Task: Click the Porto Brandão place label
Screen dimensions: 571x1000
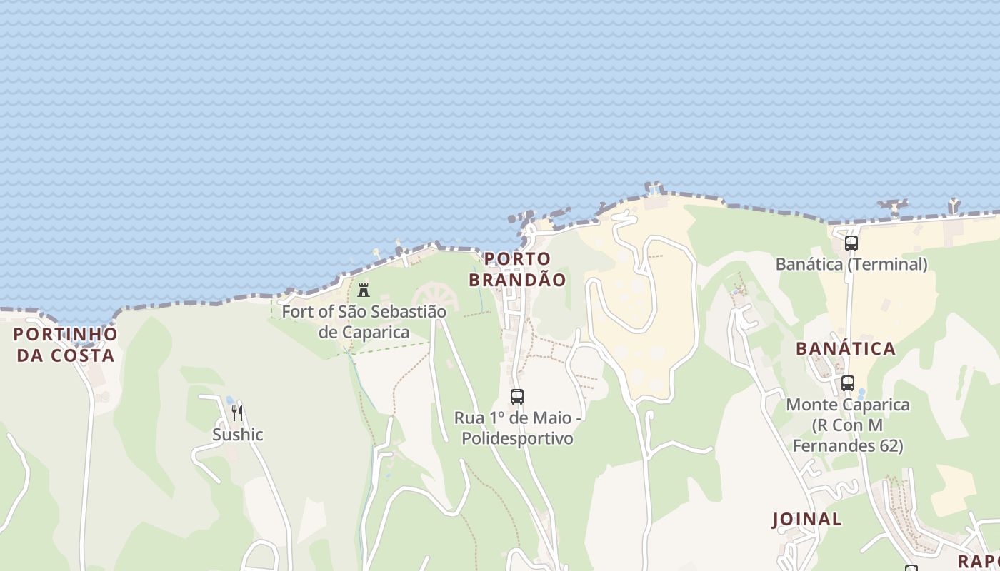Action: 517,269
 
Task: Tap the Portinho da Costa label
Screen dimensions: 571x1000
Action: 65,344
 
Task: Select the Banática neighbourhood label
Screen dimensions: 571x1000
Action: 846,348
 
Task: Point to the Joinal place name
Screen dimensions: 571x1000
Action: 806,519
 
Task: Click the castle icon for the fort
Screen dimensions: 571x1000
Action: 364,290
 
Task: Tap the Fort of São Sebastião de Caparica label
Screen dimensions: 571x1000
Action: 364,321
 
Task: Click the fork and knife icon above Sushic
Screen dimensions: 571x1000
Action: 237,413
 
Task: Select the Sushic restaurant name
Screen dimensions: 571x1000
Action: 238,434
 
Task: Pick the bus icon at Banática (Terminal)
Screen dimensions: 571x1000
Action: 851,243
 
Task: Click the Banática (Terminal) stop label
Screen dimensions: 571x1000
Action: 851,264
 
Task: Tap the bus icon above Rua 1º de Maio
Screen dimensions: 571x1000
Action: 517,397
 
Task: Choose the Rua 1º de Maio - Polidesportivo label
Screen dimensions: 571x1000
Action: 517,427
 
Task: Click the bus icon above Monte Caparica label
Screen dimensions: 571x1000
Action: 848,383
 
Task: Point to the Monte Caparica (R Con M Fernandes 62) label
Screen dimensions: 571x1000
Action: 848,425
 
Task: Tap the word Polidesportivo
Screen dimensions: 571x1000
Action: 517,438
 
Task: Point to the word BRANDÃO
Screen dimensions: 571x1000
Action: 517,280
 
